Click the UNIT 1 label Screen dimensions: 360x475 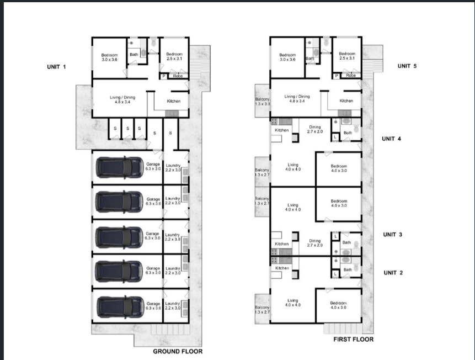point(57,67)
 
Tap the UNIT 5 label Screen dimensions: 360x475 point(407,66)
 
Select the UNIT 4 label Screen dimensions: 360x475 point(391,139)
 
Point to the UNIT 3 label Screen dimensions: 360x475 point(392,235)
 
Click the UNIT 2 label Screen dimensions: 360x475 point(393,273)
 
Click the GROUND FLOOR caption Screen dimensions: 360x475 point(178,351)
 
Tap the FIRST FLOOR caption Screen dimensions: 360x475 point(353,339)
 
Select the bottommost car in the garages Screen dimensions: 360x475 point(120,306)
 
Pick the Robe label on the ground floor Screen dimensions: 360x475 point(178,76)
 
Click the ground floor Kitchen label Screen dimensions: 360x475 point(173,101)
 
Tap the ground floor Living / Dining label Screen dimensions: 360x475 point(122,99)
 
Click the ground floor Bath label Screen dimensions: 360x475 point(134,54)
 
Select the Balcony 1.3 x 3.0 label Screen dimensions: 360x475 point(262,102)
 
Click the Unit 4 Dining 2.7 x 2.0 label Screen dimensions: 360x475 point(314,129)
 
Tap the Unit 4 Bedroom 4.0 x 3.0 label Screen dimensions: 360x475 point(338,168)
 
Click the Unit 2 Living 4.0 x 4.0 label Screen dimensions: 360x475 point(292,303)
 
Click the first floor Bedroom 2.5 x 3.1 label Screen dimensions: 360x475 point(347,56)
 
